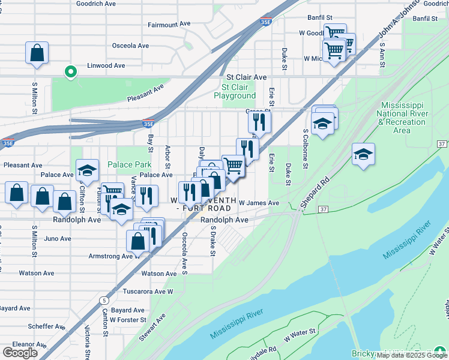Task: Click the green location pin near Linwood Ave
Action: tap(70, 72)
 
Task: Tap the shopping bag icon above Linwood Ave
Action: tap(37, 52)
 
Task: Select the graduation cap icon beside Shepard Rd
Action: tap(363, 154)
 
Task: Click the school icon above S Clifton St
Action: tap(87, 170)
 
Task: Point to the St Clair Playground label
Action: tap(235, 91)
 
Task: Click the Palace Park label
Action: tap(129, 164)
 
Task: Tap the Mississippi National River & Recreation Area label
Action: tap(402, 118)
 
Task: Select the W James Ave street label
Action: tap(259, 203)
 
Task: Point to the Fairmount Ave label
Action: tap(169, 25)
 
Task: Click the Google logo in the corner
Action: tap(20, 353)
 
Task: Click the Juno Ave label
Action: tap(58, 238)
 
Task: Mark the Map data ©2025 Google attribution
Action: tap(412, 355)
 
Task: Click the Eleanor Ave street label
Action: tap(25, 345)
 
